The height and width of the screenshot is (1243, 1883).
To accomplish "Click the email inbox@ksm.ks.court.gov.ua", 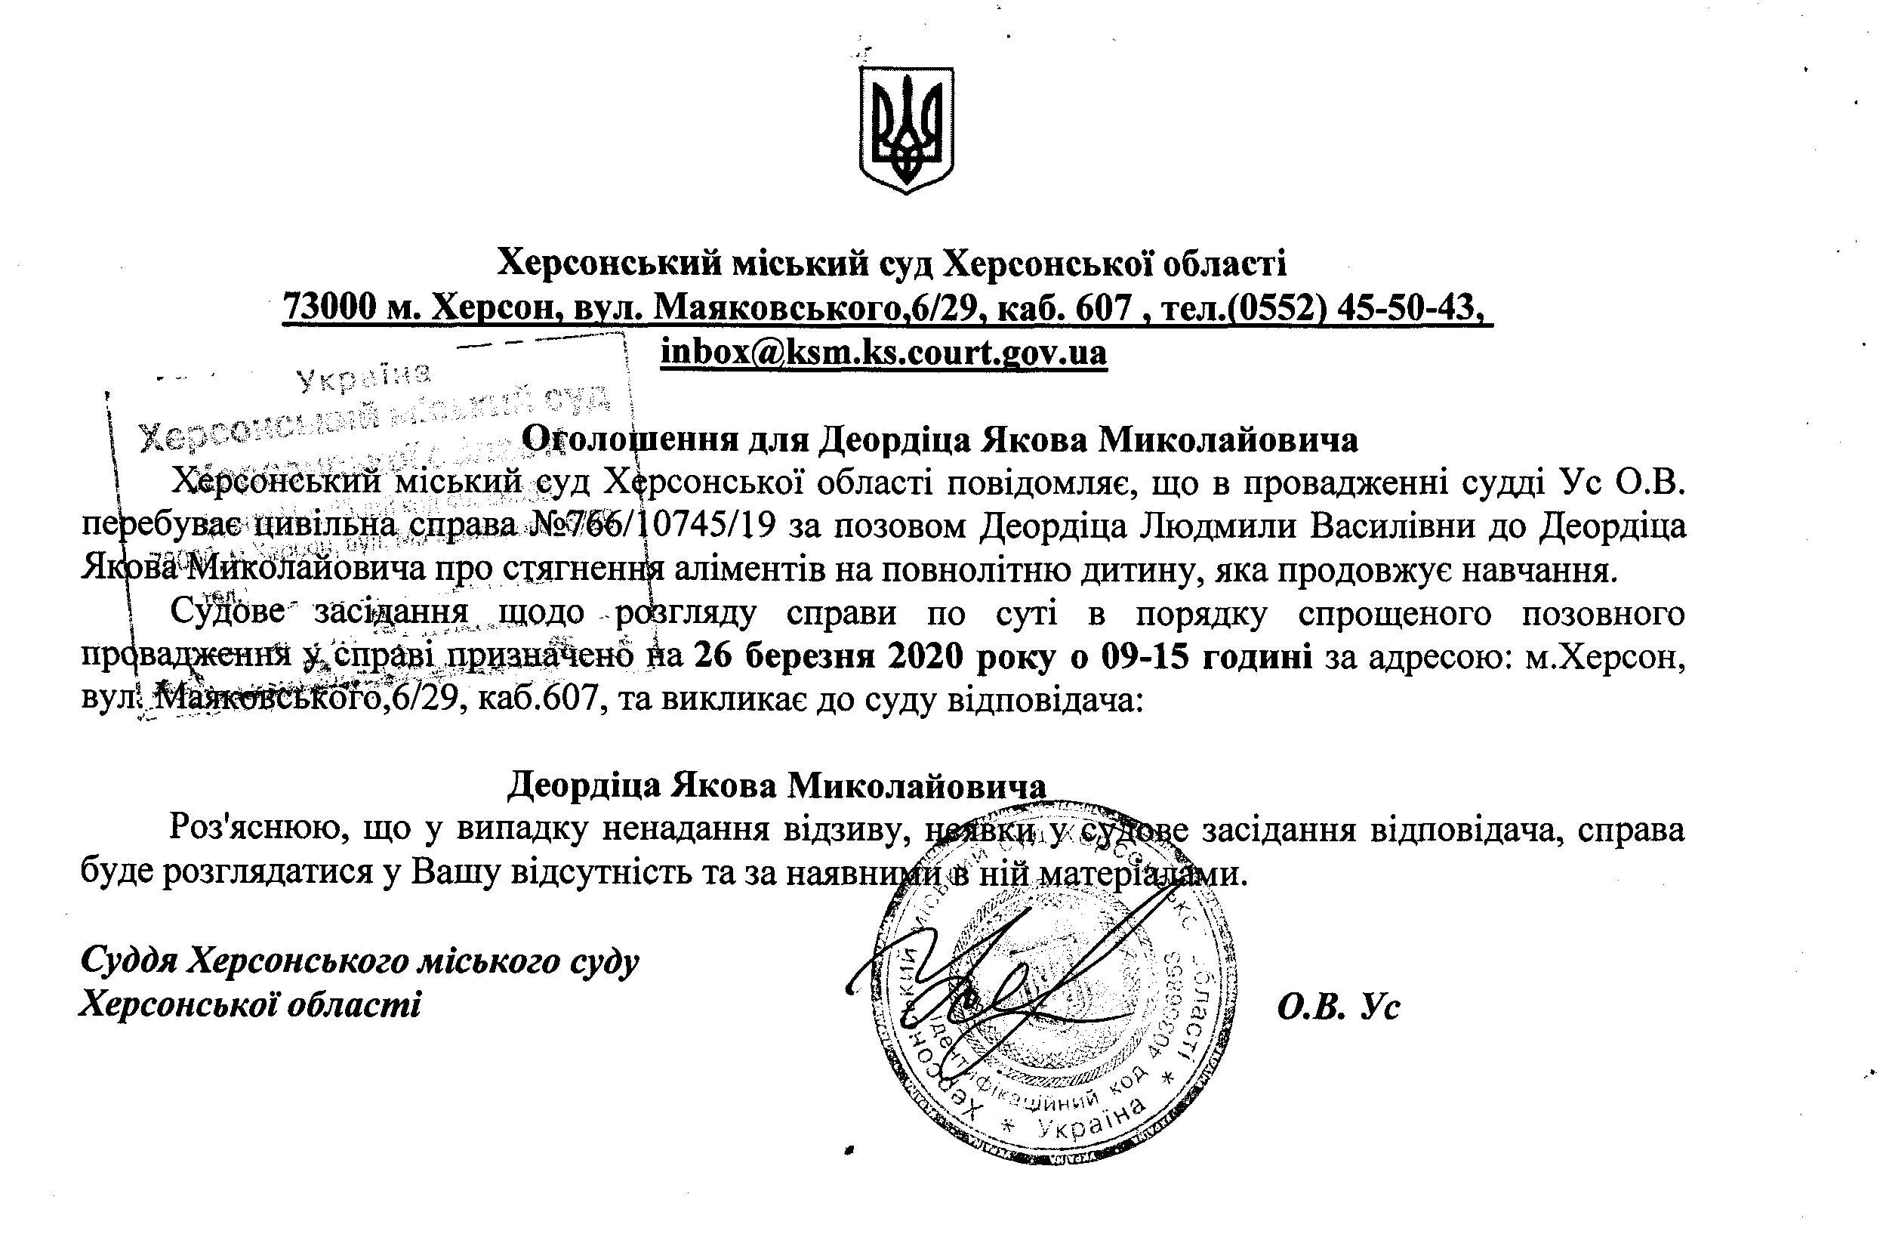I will click(883, 351).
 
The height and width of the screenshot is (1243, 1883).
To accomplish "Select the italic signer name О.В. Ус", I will click(1339, 1007).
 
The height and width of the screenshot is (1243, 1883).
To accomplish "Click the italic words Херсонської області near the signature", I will click(250, 1005).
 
